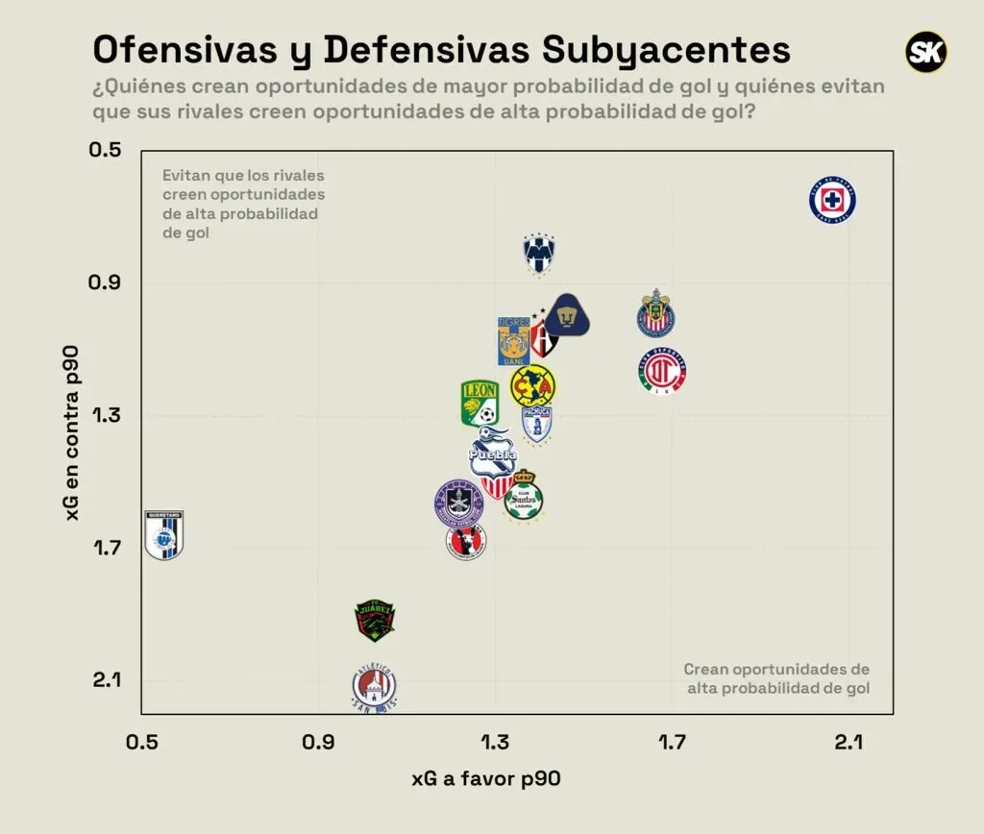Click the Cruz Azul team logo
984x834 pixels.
(832, 201)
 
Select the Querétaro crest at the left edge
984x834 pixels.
(163, 534)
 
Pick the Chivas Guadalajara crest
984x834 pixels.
(658, 314)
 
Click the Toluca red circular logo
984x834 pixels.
(662, 372)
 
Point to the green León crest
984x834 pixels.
(479, 403)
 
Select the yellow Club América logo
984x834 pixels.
(532, 386)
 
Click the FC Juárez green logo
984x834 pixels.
(374, 620)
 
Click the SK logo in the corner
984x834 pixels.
(926, 52)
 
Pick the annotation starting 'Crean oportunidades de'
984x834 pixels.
(776, 678)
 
